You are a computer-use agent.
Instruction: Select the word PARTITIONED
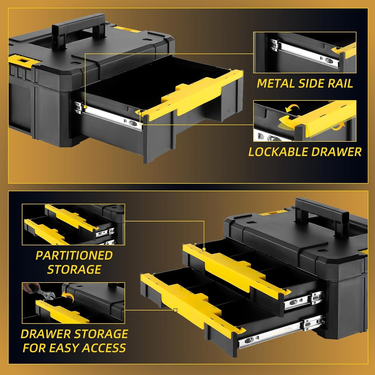[x=74, y=255]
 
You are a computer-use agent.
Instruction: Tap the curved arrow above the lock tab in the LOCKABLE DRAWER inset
[x=292, y=108]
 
